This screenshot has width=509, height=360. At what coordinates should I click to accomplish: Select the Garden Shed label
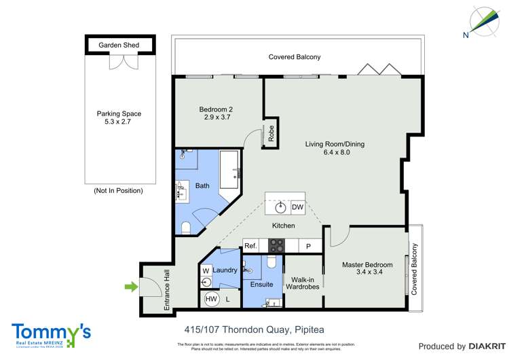(x=119, y=46)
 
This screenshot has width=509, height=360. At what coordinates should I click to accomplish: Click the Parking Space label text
(x=119, y=118)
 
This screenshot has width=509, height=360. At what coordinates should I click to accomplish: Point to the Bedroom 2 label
(x=218, y=113)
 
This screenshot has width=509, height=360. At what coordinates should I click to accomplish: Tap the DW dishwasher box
(x=297, y=207)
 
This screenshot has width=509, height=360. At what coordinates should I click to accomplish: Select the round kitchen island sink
(x=280, y=206)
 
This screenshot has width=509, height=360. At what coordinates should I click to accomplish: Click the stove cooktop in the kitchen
(x=277, y=245)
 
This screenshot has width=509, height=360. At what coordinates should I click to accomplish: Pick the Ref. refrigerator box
(x=251, y=245)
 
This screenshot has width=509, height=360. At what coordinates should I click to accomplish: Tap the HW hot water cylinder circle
(x=210, y=298)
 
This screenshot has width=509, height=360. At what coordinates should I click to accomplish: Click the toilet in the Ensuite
(x=272, y=262)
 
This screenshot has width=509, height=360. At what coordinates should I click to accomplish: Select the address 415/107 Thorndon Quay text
(x=254, y=330)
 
